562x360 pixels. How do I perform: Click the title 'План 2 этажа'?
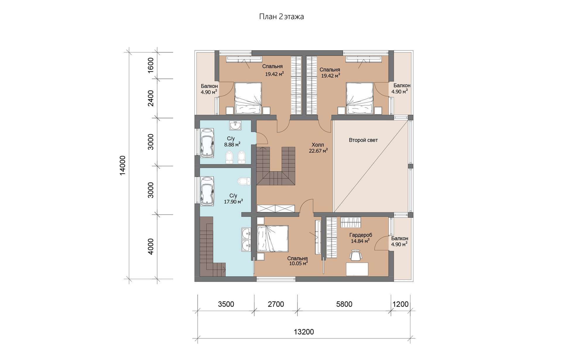coord(281,17)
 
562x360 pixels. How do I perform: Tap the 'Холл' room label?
coord(318,145)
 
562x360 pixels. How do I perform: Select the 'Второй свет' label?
coord(363,140)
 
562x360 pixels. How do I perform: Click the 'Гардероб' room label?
coord(361,235)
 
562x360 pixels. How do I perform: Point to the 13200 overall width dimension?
coord(304,332)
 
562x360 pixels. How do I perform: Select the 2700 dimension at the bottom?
coord(276,304)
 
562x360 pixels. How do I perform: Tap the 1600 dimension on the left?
coord(150,65)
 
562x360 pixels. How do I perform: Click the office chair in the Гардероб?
coord(355,255)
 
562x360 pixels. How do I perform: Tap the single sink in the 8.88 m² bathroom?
coord(235,125)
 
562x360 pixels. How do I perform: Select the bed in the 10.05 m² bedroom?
coord(273,238)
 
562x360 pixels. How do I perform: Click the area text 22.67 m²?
coord(318,151)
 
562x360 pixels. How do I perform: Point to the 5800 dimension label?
coord(344,304)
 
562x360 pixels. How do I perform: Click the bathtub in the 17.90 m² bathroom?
coord(208,191)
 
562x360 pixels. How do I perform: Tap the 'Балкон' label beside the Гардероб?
coord(400,238)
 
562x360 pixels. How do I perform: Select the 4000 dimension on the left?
coord(150,247)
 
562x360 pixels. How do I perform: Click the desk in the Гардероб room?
coord(357,269)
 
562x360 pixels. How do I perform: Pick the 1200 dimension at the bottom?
coord(400,304)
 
